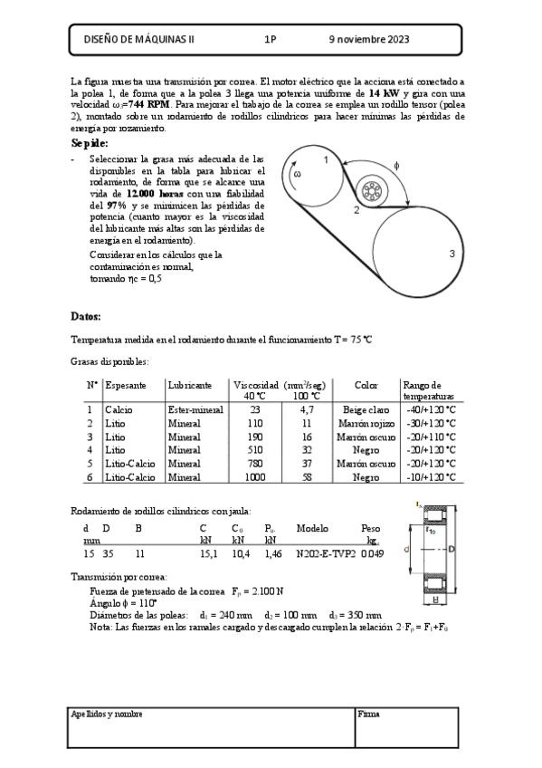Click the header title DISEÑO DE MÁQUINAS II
[138, 40]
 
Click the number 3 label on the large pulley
[451, 254]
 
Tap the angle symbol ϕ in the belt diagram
[396, 165]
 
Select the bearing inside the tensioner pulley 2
[370, 191]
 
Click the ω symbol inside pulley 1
[297, 174]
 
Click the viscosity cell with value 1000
[254, 476]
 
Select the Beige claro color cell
[366, 409]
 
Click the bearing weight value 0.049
[372, 553]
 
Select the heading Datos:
[86, 316]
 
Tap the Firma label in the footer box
[368, 714]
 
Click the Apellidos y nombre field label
[107, 714]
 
